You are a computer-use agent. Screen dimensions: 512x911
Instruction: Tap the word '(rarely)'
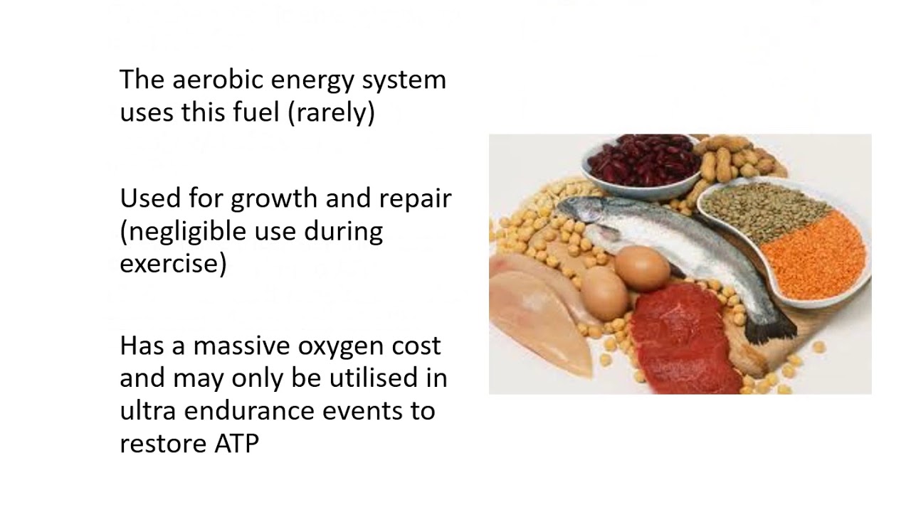(332, 112)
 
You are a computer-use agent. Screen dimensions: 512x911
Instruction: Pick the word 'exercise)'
(173, 265)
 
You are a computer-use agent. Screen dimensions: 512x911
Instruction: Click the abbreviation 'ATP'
(236, 444)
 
